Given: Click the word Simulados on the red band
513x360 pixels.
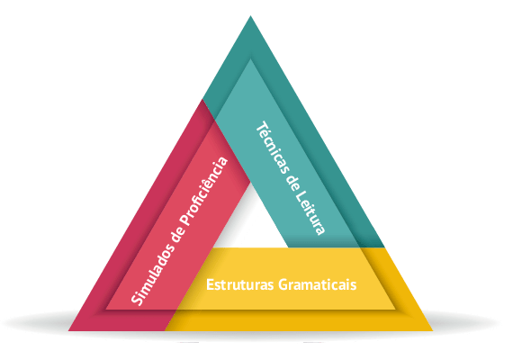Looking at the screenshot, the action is [151, 275].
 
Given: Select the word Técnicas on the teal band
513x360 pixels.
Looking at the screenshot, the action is [274, 148].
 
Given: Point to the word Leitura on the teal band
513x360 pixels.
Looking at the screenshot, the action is [310, 212].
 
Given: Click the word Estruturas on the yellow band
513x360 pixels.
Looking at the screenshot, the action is [240, 284].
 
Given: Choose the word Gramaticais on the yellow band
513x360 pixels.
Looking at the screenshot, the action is [318, 285].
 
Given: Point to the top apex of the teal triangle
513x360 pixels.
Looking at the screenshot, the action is [250, 15].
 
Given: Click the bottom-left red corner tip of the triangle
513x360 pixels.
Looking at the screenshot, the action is [68, 330].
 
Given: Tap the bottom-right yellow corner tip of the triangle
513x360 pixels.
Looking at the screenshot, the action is [433, 330].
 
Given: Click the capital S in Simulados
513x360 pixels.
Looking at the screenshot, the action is [138, 300].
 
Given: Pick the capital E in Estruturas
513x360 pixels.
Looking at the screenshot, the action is [210, 284].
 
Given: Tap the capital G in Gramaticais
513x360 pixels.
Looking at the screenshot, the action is [283, 284].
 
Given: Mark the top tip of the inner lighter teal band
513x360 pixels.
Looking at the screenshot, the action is [250, 58].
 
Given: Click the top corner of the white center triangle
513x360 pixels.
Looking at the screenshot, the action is [250, 183].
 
